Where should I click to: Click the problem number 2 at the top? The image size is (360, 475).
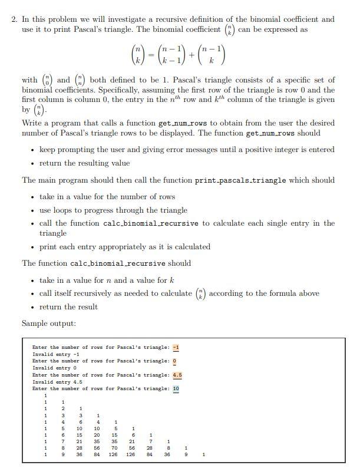(14, 19)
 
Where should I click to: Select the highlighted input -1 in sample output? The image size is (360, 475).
(176, 347)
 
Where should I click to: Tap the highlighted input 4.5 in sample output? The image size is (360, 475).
(177, 375)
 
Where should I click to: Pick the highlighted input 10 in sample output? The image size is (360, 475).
(176, 389)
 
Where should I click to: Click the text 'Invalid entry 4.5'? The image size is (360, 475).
(57, 382)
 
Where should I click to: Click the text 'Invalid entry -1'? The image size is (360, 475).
(56, 354)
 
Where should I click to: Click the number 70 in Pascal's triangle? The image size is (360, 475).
(115, 447)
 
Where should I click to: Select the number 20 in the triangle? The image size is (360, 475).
(97, 434)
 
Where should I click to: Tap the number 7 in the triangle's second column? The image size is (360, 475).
(63, 440)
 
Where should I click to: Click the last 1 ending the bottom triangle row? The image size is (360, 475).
(203, 454)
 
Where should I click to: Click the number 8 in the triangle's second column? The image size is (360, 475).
(63, 447)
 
